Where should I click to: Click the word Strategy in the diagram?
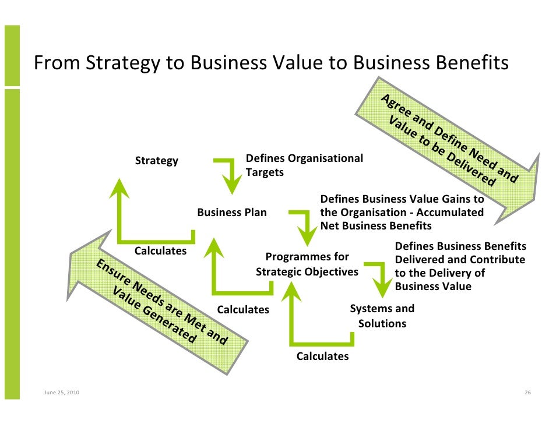(x=157, y=161)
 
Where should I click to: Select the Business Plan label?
(x=232, y=213)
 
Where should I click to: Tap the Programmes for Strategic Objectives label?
(x=307, y=264)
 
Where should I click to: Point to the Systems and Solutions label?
(x=382, y=316)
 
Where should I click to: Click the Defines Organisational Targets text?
(x=304, y=165)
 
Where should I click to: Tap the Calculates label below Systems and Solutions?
(x=322, y=356)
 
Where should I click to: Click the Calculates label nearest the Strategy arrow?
(x=160, y=251)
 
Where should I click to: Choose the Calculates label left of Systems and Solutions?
(x=243, y=309)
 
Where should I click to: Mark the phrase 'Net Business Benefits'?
(x=376, y=225)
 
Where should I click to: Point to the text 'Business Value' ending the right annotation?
(x=433, y=287)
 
